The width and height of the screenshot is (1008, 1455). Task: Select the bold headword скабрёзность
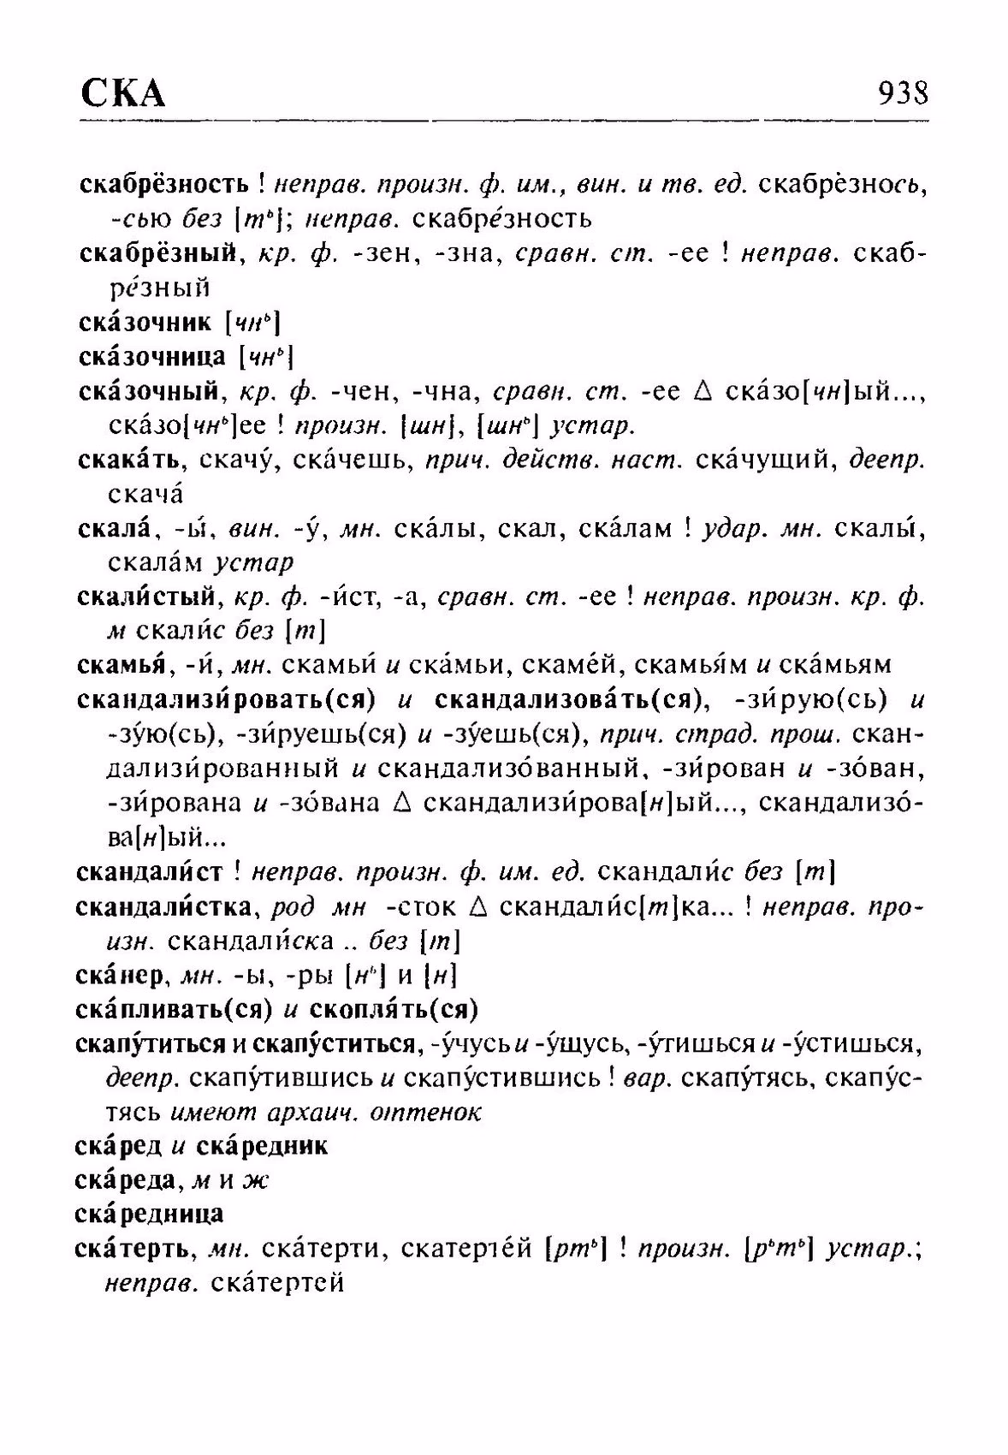(163, 184)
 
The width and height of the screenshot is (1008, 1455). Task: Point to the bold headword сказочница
(152, 356)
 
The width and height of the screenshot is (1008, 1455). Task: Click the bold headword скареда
(127, 1180)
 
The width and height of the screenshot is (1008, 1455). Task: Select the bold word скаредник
(262, 1146)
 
